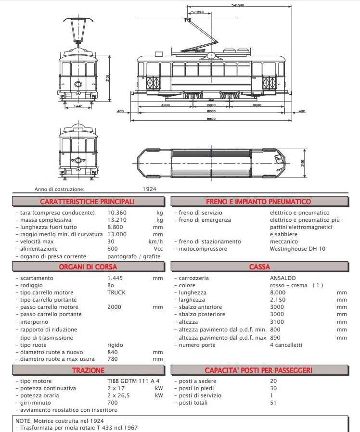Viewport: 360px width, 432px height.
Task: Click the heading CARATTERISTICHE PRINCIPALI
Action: point(87,202)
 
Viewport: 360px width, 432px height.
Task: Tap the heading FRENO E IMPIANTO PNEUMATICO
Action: point(258,202)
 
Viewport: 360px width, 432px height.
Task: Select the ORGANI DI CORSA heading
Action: point(87,267)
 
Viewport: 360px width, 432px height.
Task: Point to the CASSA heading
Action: point(259,267)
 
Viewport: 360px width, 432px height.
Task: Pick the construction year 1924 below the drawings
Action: point(150,190)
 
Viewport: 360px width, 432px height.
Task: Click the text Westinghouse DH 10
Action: point(297,249)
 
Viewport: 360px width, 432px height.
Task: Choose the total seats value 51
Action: point(273,403)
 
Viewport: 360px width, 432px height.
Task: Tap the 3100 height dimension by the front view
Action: point(108,78)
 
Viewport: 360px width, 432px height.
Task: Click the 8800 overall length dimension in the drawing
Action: point(211,118)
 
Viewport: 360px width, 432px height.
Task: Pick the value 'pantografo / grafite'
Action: point(133,256)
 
